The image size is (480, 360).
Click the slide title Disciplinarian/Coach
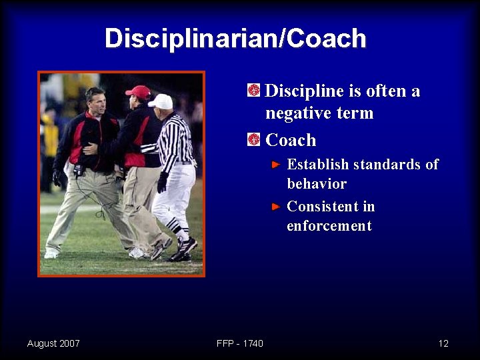(235, 39)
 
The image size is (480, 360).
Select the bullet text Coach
(291, 140)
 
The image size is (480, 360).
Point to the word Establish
(317, 165)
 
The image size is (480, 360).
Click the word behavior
(317, 184)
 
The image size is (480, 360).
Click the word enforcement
(329, 226)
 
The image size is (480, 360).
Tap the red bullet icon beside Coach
(253, 139)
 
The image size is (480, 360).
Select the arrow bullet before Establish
(277, 164)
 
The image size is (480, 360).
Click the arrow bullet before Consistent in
(277, 207)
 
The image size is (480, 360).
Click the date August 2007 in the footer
(53, 343)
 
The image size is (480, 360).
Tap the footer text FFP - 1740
(240, 343)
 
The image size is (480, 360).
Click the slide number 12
(443, 343)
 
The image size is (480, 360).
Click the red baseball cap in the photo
(139, 91)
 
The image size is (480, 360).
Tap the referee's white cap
(161, 101)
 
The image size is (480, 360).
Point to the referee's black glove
(162, 182)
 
